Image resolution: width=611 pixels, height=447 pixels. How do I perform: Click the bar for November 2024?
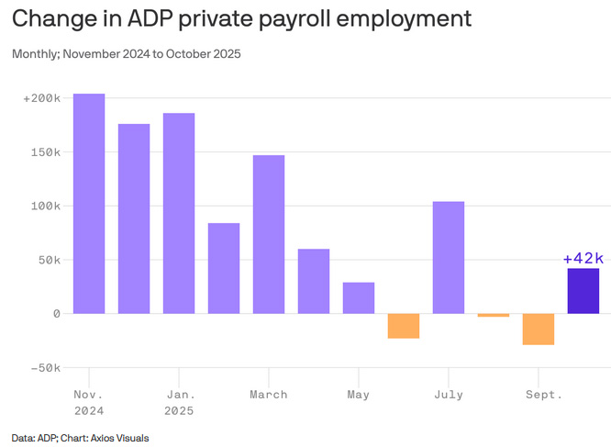click(x=89, y=204)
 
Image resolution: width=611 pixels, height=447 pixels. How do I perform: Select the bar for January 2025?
click(x=179, y=213)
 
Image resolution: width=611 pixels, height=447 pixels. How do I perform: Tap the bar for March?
click(x=269, y=234)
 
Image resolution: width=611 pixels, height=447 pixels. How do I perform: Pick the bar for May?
click(x=359, y=297)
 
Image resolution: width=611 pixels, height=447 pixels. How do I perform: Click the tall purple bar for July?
click(x=449, y=257)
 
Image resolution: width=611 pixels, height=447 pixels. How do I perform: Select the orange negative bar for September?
click(x=539, y=329)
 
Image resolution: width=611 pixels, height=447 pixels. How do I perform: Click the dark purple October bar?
click(x=583, y=291)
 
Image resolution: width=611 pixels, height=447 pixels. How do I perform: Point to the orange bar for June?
click(x=404, y=326)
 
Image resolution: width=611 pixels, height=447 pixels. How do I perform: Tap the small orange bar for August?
click(x=494, y=315)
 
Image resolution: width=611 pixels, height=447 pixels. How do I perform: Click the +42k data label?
click(x=583, y=258)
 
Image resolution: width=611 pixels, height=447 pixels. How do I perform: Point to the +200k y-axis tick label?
click(x=41, y=97)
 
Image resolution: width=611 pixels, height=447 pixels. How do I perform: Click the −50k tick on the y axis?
click(x=43, y=367)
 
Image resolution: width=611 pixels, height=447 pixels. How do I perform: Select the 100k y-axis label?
click(x=45, y=206)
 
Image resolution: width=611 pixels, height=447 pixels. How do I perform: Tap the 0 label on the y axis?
click(x=56, y=313)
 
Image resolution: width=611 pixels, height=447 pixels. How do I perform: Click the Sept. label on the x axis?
click(x=543, y=395)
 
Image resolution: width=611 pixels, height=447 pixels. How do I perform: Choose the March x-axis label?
click(x=269, y=395)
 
